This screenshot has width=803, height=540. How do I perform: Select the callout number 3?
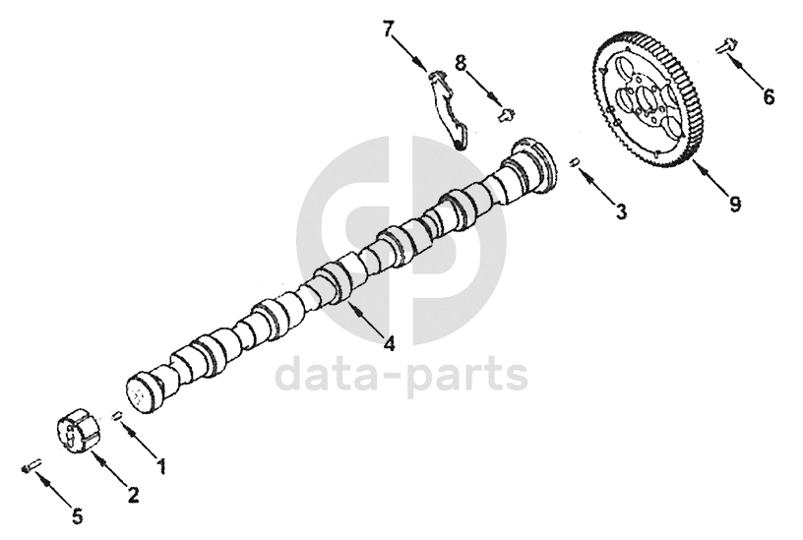coord(620,210)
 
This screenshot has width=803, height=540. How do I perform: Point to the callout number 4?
coord(390,344)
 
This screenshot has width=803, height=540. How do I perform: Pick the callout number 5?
coord(77,515)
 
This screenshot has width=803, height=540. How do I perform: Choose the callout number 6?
coord(769,97)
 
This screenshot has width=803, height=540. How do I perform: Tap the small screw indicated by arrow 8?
coord(507,114)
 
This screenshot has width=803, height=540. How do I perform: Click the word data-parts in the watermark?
coord(401,375)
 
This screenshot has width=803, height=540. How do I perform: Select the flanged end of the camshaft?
coord(533,164)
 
